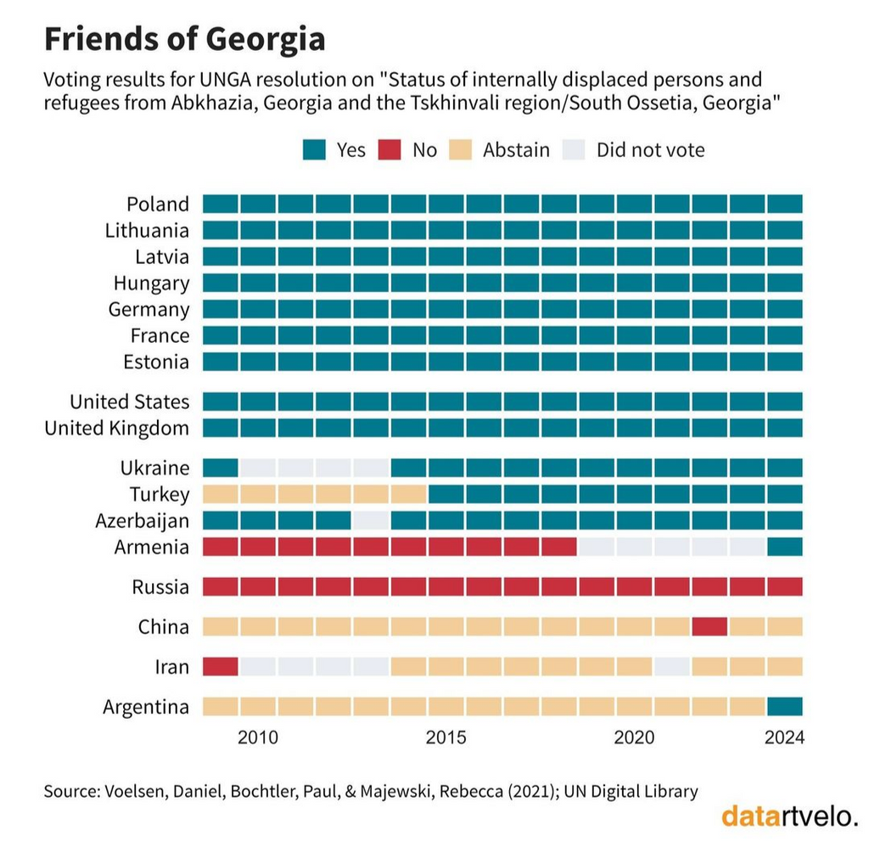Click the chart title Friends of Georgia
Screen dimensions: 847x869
[184, 39]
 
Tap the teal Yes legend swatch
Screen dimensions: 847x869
[314, 150]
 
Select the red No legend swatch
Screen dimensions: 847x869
[391, 150]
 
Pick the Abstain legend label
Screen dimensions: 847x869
[516, 150]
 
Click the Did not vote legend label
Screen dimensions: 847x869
[650, 150]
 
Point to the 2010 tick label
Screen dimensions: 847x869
[258, 738]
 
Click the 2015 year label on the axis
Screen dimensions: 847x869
[446, 738]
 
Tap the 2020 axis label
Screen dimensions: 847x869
[633, 738]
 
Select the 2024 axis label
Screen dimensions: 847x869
[783, 738]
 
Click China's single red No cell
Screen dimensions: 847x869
[709, 627]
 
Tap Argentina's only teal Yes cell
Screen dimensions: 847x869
[784, 706]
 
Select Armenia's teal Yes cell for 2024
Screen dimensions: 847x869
[784, 547]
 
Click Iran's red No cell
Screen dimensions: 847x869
[221, 666]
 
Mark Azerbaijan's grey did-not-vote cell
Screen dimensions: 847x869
[371, 520]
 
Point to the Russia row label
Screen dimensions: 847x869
[160, 586]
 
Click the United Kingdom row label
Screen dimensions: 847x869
[117, 428]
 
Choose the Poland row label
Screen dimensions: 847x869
[158, 204]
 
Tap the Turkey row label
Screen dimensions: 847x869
[160, 494]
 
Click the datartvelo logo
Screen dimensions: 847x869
[789, 816]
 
